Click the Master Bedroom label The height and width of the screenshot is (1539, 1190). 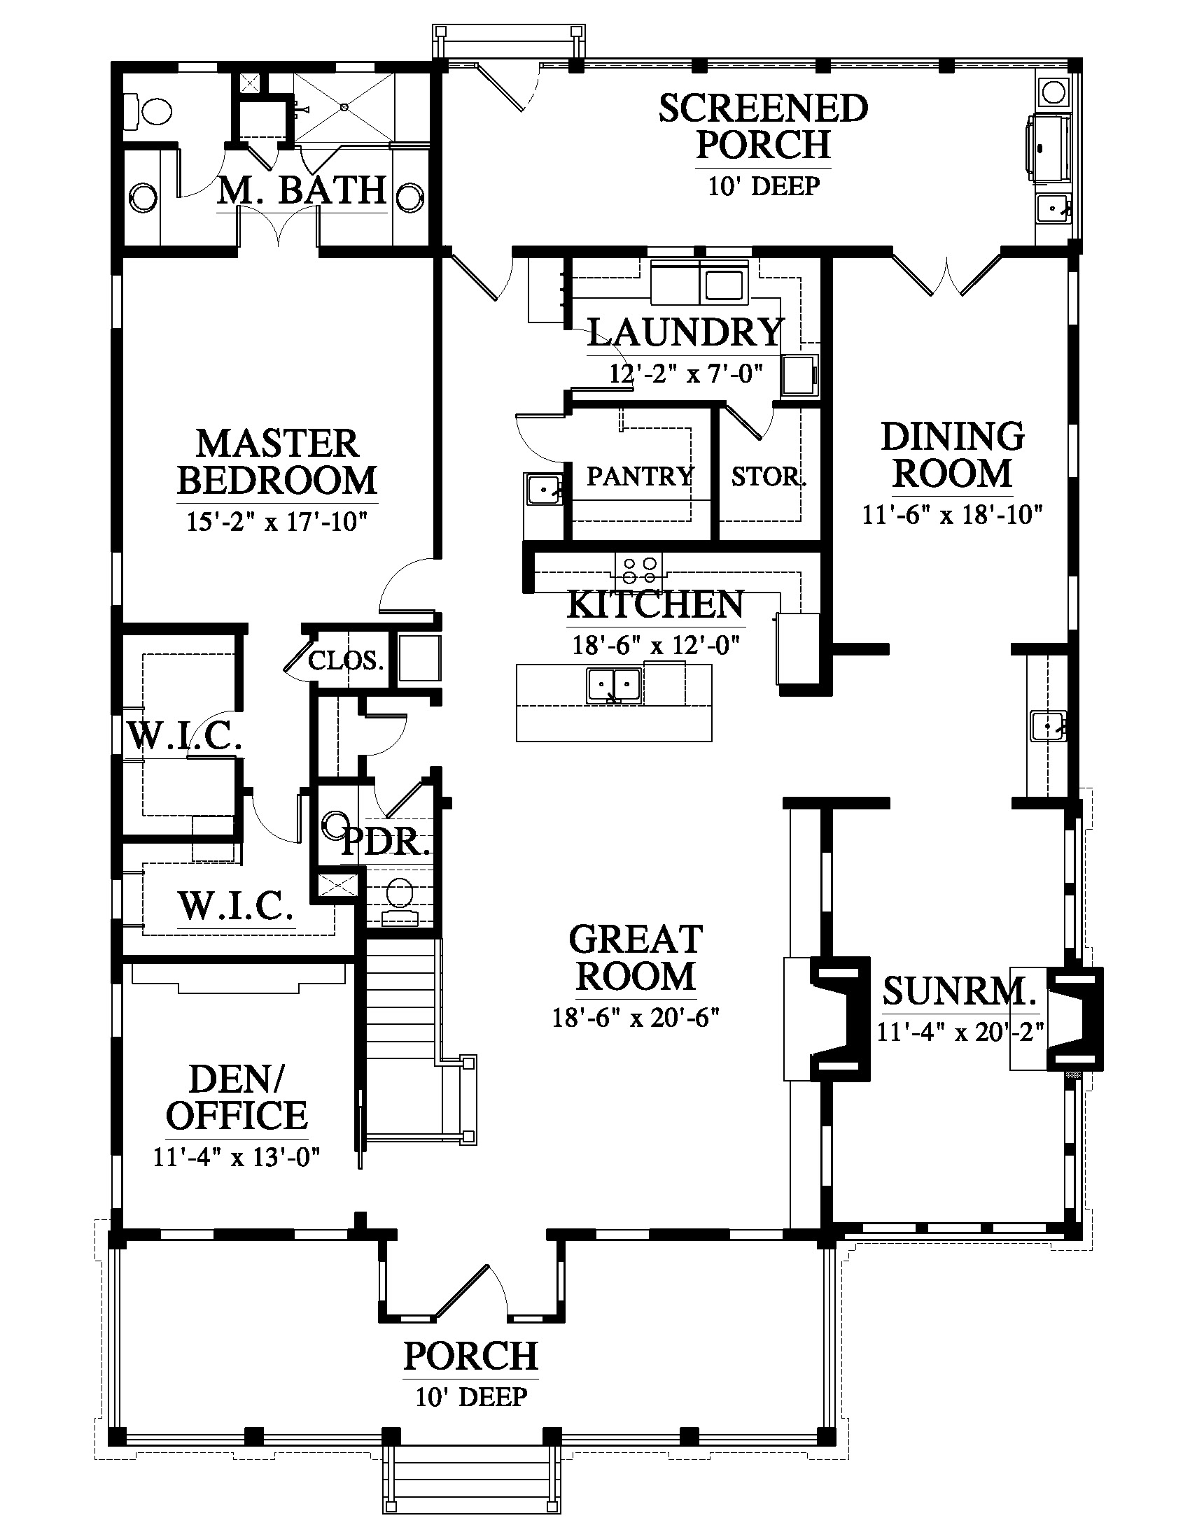[x=277, y=462]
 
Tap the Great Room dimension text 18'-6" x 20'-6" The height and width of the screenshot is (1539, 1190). [x=635, y=1018]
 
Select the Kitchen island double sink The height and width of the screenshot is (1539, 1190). [x=614, y=685]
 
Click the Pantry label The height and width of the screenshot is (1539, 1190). [x=640, y=477]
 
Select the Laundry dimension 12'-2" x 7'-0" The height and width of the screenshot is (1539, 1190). [x=687, y=373]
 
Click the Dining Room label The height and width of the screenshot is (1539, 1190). [x=953, y=455]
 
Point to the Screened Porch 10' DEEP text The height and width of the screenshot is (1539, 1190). [x=764, y=186]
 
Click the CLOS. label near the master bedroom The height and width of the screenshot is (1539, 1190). [x=346, y=660]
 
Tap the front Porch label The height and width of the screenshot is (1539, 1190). [x=471, y=1356]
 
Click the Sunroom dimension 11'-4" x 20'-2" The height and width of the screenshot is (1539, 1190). [x=960, y=1032]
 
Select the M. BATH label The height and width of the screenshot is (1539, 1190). [x=302, y=190]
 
